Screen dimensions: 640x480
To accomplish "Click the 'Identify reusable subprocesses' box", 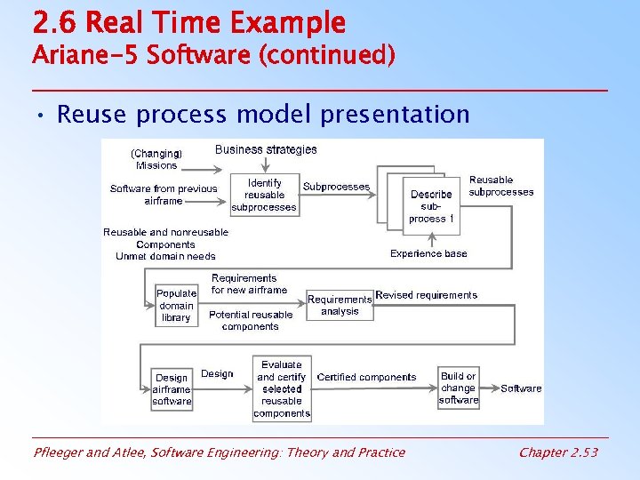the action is pyautogui.click(x=264, y=195).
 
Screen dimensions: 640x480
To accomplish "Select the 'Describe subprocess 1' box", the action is pyautogui.click(x=432, y=206).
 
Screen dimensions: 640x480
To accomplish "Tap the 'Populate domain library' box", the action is pyautogui.click(x=176, y=305).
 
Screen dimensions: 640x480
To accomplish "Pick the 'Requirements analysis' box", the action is pyautogui.click(x=340, y=305).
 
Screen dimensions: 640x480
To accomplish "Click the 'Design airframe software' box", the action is pyautogui.click(x=172, y=388).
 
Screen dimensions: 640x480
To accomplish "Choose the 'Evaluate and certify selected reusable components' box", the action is pyautogui.click(x=282, y=388).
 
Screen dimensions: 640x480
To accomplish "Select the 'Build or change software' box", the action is pyautogui.click(x=459, y=388).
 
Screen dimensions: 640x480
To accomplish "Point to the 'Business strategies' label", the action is pyautogui.click(x=266, y=149).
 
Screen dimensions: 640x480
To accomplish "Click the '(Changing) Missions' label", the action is pyautogui.click(x=156, y=159).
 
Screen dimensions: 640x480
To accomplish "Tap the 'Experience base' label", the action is pyautogui.click(x=428, y=253).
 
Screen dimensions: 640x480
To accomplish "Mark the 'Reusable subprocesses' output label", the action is pyautogui.click(x=501, y=186).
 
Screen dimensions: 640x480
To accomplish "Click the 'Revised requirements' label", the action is pyautogui.click(x=427, y=295).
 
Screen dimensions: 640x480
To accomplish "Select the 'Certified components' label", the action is pyautogui.click(x=366, y=377).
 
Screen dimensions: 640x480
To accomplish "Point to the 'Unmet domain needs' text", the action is pyautogui.click(x=165, y=256).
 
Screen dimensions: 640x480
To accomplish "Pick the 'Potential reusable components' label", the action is pyautogui.click(x=251, y=320).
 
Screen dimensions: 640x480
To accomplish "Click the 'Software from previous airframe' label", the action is pyautogui.click(x=164, y=194).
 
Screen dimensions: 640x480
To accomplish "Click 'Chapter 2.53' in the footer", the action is pyautogui.click(x=558, y=452).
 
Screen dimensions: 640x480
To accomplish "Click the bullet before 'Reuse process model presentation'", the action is pyautogui.click(x=42, y=116).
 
